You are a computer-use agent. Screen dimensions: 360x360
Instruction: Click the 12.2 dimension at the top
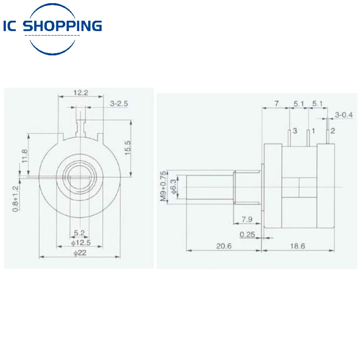point(81,93)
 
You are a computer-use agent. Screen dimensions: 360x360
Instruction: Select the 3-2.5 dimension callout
point(119,103)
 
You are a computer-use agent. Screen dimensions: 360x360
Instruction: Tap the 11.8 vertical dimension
point(25,157)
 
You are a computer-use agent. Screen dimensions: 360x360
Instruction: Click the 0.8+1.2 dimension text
point(15,198)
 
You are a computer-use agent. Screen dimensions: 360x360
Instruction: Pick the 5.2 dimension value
point(80,233)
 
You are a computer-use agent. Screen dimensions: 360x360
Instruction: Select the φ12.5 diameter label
point(81,243)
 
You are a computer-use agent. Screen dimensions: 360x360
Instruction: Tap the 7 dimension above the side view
point(277,103)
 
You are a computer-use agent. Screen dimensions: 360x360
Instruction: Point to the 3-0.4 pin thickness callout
point(344,115)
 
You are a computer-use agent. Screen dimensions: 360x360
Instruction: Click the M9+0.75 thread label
point(163,186)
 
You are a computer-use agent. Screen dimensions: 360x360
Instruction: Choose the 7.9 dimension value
point(247,219)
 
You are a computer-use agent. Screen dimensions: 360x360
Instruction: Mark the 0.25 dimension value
point(247,234)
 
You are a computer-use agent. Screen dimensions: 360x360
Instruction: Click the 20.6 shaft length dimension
point(224,246)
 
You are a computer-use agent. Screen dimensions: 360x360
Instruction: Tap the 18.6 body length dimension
point(297,246)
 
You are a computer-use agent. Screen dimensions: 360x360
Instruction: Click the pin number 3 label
point(295,131)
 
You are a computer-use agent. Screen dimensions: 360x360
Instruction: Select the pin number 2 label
point(333,131)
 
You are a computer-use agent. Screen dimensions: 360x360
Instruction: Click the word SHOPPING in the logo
point(63,26)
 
